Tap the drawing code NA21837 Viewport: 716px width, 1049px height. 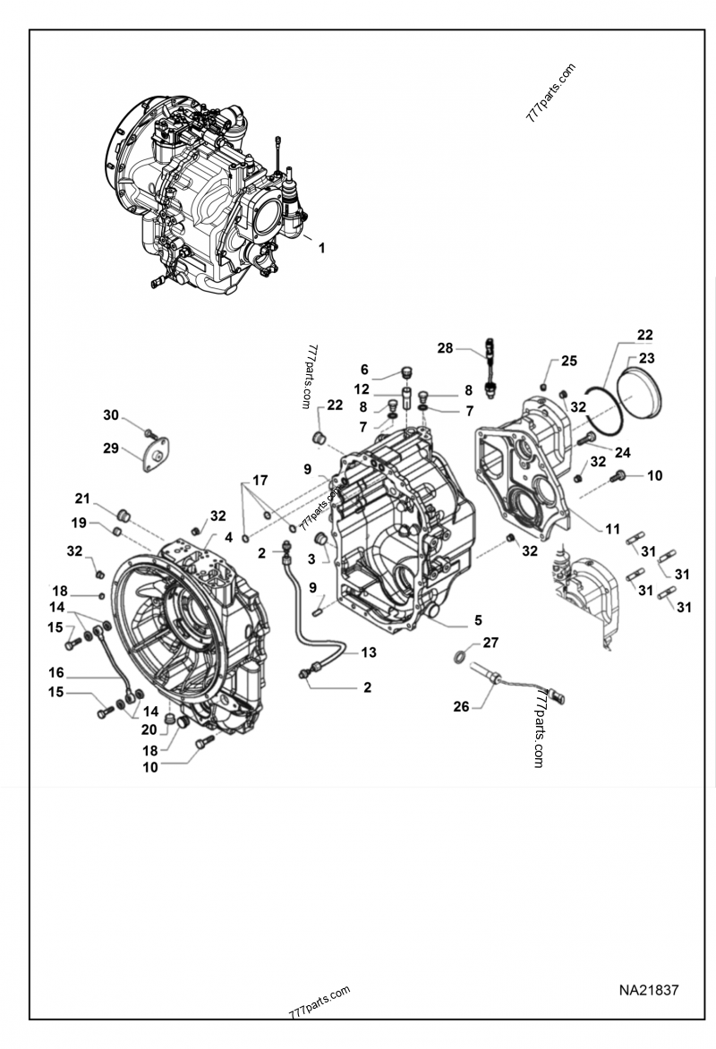click(648, 991)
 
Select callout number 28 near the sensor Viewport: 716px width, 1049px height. click(446, 347)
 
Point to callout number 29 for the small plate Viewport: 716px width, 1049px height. click(111, 448)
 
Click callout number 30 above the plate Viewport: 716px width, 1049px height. click(110, 414)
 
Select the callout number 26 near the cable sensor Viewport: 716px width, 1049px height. click(461, 706)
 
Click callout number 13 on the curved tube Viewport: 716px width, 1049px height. click(369, 652)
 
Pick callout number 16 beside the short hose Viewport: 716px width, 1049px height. click(56, 672)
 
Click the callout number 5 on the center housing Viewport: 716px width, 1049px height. click(478, 619)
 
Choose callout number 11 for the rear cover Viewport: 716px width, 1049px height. click(612, 529)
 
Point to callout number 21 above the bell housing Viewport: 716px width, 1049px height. click(82, 499)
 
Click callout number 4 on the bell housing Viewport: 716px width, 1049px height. click(228, 538)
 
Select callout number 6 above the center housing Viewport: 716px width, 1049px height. click(364, 370)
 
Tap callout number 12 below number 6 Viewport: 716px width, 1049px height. click(362, 389)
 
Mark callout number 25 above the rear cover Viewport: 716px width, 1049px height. click(569, 361)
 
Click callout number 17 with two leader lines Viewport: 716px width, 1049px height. click(260, 481)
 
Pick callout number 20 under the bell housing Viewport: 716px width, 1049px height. click(148, 729)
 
